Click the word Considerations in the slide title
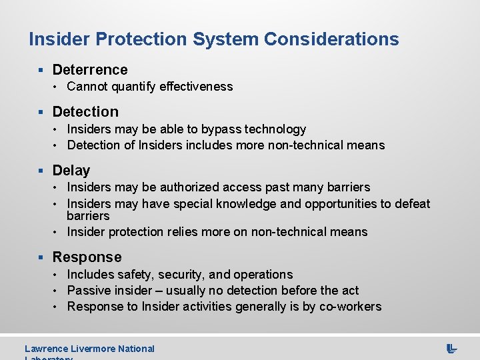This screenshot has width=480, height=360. pos(331,39)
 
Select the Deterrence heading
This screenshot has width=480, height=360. pos(90,69)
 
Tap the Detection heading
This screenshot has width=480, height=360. pos(85,112)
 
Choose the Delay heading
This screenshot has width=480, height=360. pos(71,171)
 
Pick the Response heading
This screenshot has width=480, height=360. pos(87,257)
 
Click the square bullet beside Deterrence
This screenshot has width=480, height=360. pos(41,70)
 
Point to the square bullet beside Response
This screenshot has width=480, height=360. pos(41,257)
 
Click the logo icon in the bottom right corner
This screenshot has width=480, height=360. pos(451,348)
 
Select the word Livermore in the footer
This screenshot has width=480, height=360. pos(93,349)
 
